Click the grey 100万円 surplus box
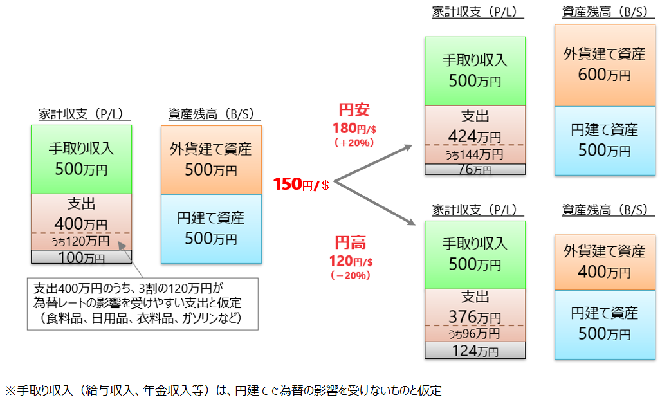click(81, 257)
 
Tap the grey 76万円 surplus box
click(475, 169)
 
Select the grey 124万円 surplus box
click(475, 351)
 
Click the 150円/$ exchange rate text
click(301, 185)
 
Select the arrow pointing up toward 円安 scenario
click(373, 165)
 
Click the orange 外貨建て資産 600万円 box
click(604, 65)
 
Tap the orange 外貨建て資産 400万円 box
click(604, 261)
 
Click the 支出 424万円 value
click(475, 136)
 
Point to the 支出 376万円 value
click(475, 317)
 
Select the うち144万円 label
click(475, 154)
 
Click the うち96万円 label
click(475, 334)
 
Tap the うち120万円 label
click(81, 241)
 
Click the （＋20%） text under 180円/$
click(353, 143)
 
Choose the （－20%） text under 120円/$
click(351, 275)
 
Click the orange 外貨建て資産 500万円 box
click(211, 160)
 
